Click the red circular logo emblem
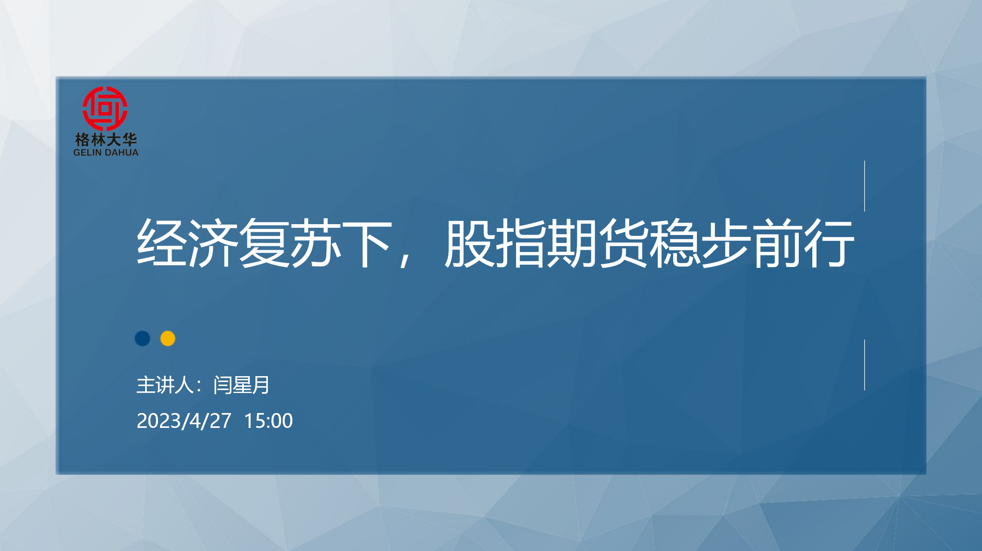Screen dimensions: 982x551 point(105,108)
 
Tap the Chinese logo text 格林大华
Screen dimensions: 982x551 point(106,140)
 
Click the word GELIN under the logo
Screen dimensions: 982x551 point(88,153)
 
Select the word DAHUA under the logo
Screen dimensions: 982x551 point(121,153)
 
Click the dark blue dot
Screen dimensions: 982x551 point(142,338)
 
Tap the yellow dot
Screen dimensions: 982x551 point(168,338)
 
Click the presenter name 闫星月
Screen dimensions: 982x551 point(241,385)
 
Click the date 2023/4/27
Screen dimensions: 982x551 point(184,421)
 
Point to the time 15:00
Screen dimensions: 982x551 point(268,421)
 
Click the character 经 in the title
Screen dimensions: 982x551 point(162,243)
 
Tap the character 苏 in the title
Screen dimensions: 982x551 point(316,243)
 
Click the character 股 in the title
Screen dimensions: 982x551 point(470,243)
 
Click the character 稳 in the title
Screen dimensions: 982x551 point(675,243)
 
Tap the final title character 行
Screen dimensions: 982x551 point(829,243)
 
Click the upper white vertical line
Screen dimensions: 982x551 point(865,186)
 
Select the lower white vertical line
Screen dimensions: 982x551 point(865,365)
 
